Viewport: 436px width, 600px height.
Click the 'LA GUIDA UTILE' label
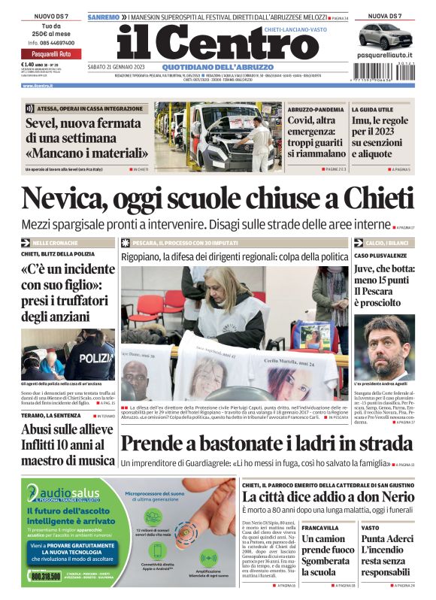[372, 110]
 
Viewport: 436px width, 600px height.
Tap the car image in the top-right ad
[385, 36]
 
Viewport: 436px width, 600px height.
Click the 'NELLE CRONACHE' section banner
[58, 244]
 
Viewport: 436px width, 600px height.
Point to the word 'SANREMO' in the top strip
[103, 16]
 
